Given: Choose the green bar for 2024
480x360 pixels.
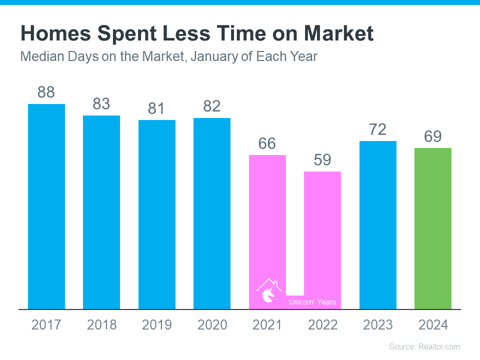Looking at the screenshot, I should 433,228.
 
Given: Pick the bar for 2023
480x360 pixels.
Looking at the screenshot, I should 378,224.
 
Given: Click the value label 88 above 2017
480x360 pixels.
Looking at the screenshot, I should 46,92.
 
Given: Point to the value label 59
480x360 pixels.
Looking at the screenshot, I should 322,160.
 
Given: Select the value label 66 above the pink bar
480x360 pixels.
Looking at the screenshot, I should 267,143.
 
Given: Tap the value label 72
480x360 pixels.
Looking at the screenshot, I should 378,129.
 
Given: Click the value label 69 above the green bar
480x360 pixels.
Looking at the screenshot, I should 433,136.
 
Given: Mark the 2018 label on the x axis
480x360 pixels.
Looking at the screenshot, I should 101,325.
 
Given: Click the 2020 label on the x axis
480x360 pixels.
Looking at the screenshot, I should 212,325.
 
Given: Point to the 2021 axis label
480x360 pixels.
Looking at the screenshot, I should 267,325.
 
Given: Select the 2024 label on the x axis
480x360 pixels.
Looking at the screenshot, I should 433,325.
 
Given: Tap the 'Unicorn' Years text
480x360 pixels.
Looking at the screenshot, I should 312,302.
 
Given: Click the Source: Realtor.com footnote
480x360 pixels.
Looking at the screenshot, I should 424,346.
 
